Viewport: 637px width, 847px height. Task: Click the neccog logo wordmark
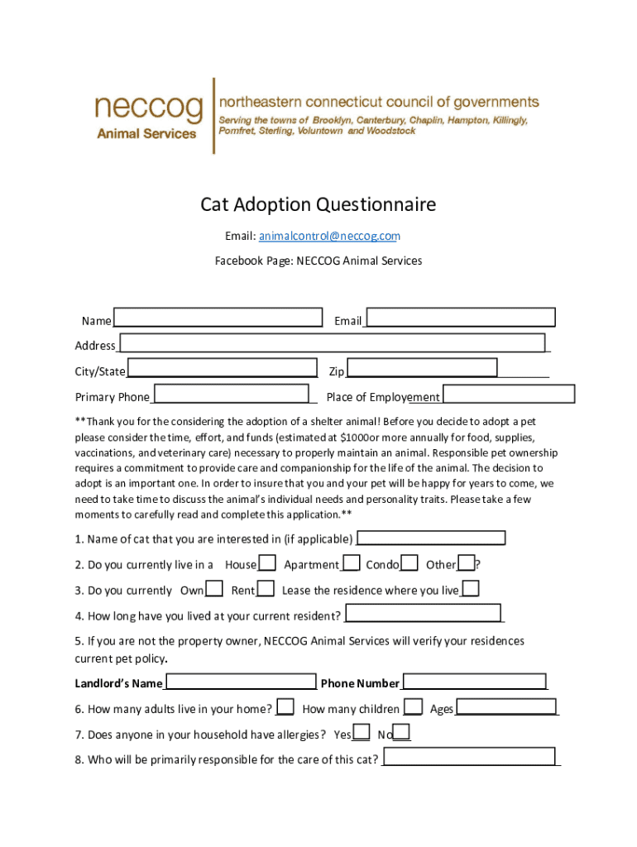click(x=148, y=108)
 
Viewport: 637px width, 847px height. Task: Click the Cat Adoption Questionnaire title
click(x=318, y=204)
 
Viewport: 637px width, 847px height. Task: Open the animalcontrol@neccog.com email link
click(x=329, y=237)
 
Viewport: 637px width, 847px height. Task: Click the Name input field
click(x=218, y=318)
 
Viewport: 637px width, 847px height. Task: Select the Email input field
click(x=461, y=318)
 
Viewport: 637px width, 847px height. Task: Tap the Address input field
click(x=332, y=342)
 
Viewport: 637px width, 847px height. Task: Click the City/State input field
click(x=222, y=368)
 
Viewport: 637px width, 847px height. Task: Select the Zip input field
click(x=422, y=368)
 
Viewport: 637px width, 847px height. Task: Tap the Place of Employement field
click(x=509, y=395)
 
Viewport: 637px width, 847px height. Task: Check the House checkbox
click(x=267, y=563)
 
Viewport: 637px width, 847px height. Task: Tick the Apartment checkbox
click(x=351, y=563)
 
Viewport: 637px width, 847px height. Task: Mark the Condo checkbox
click(x=409, y=563)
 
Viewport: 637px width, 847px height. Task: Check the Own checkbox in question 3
click(x=214, y=589)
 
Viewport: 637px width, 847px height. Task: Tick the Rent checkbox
click(x=266, y=589)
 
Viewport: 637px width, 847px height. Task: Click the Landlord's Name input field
click(x=240, y=682)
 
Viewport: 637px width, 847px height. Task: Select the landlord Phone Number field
click(x=475, y=682)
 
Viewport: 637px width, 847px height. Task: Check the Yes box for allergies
click(x=361, y=733)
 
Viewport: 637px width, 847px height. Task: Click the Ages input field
click(x=506, y=707)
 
